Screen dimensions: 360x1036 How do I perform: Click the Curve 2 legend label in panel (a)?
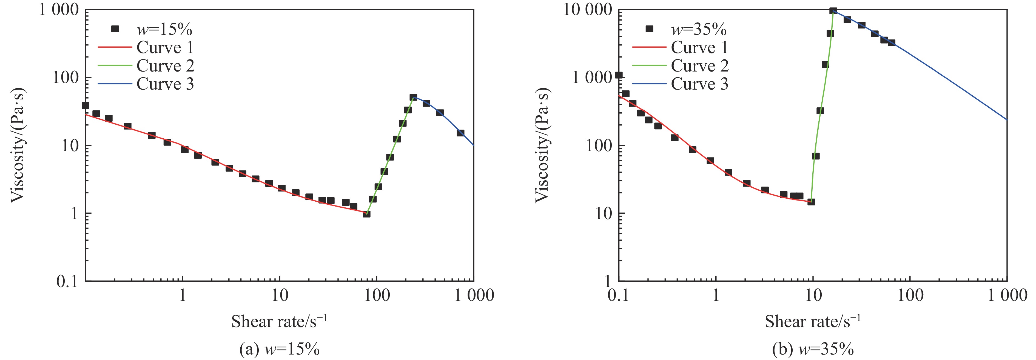165,65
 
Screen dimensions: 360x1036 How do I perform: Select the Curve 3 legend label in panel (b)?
699,84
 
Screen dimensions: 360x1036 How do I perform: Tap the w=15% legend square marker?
115,28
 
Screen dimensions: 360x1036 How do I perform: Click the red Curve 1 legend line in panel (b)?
649,47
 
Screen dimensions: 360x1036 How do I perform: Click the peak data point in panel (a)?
413,97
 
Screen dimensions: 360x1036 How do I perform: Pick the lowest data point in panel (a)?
366,214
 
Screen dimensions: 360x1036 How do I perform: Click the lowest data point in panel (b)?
811,202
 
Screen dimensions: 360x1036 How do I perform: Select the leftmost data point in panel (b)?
619,75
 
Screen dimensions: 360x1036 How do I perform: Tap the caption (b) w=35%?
813,349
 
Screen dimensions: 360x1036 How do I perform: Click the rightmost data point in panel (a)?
460,133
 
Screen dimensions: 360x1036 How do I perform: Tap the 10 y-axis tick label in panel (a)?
70,145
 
